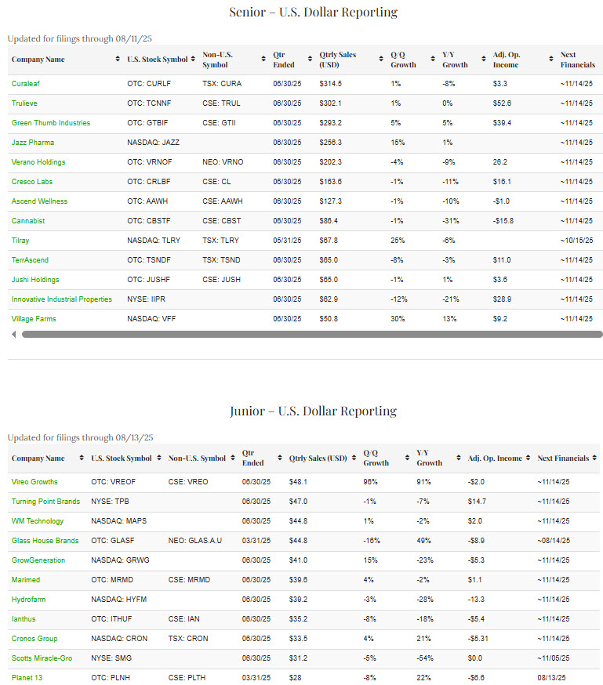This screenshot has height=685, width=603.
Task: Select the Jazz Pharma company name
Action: (x=33, y=142)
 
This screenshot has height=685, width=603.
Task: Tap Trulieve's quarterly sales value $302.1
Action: (x=331, y=103)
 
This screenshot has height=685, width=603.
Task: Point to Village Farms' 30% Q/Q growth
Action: (x=397, y=319)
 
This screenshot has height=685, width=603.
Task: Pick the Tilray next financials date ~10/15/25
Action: (x=576, y=241)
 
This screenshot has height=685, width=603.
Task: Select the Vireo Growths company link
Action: (x=35, y=482)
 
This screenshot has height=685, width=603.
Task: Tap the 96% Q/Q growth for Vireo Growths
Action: (x=370, y=482)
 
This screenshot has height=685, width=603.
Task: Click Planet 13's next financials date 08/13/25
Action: (x=553, y=678)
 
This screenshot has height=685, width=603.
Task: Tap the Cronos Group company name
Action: (x=34, y=639)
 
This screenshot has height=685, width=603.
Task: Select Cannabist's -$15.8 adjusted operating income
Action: (x=503, y=221)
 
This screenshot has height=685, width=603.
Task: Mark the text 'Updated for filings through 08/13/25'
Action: (x=81, y=437)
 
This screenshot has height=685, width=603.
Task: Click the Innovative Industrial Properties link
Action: (x=62, y=299)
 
